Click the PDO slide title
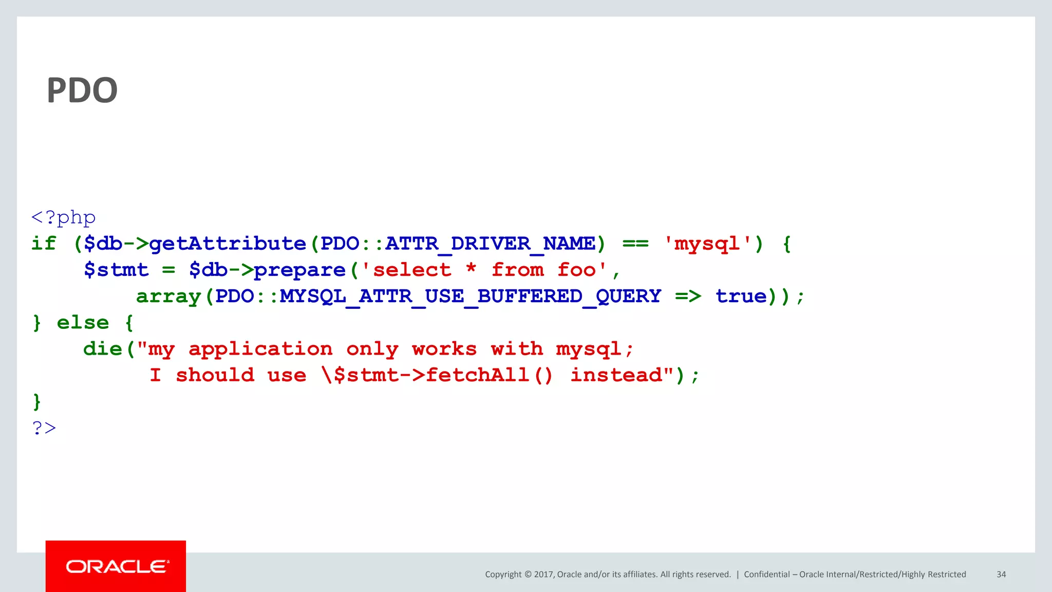tap(82, 90)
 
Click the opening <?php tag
tap(63, 217)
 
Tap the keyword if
tap(44, 244)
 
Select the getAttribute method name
tap(228, 244)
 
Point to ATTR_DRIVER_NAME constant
tap(490, 244)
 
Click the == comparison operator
tap(635, 244)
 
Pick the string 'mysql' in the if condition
tap(707, 244)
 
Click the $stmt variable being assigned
tap(116, 270)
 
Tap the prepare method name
tap(299, 270)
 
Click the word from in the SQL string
tap(517, 270)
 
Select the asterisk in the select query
tap(471, 269)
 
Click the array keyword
tap(168, 297)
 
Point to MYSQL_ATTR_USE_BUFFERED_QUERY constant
tap(470, 297)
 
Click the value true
tap(741, 297)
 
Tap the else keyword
tap(83, 323)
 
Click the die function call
tap(103, 349)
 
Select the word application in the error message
tap(260, 349)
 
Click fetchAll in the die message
tap(477, 375)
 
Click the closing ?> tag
tap(44, 428)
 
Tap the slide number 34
tap(1001, 575)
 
